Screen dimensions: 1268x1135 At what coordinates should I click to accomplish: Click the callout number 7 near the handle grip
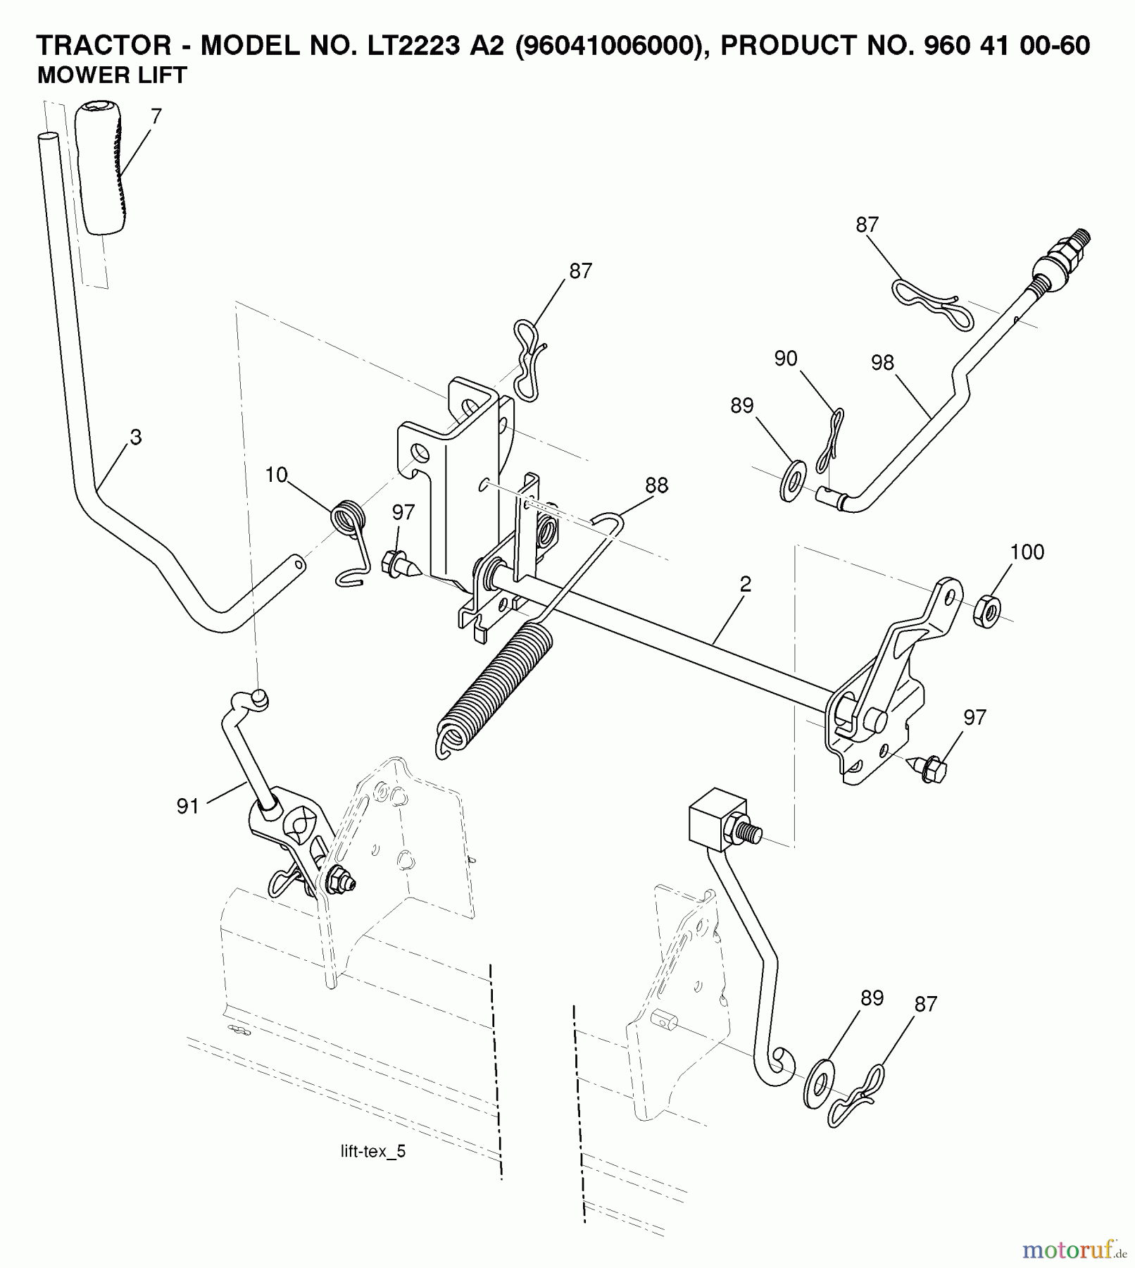tap(156, 116)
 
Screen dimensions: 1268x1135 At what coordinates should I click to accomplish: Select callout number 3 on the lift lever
tap(136, 437)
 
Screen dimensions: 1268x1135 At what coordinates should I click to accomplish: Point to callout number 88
tap(656, 485)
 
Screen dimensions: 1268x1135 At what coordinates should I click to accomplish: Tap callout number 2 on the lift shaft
tap(746, 584)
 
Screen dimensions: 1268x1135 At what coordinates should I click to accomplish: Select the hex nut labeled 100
tap(987, 610)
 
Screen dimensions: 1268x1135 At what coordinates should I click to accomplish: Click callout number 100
tap(1027, 552)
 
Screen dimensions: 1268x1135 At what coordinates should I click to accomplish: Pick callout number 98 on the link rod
tap(882, 363)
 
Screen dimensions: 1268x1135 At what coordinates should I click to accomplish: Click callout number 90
tap(785, 359)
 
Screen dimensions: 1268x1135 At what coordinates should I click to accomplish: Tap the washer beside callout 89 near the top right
tap(794, 481)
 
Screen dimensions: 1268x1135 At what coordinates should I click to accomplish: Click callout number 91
tap(188, 807)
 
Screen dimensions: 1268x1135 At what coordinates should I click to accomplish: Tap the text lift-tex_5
tap(372, 1152)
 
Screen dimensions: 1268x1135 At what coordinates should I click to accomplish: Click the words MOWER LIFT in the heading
tap(111, 75)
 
